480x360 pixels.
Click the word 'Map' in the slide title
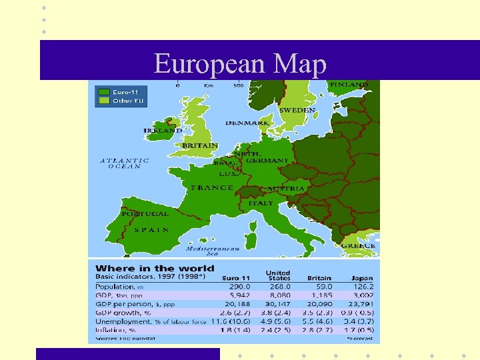(x=299, y=64)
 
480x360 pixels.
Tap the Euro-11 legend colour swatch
(x=103, y=91)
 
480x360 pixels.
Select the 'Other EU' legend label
(x=127, y=101)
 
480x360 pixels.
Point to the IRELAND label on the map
(x=162, y=131)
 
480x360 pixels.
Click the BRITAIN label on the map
(x=200, y=145)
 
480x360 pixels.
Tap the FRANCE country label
(x=212, y=188)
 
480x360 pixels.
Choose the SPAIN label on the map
(x=151, y=229)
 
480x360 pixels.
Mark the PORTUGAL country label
(x=145, y=214)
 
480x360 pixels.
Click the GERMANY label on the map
(x=267, y=161)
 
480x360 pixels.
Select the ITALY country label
(x=261, y=203)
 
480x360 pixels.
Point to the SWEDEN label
(x=297, y=110)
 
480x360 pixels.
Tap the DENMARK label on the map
(x=247, y=123)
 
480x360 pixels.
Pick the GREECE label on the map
(x=359, y=245)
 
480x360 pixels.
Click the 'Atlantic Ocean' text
(x=125, y=163)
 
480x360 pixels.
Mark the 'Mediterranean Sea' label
(x=212, y=251)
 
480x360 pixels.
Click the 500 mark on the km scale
(x=238, y=85)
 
